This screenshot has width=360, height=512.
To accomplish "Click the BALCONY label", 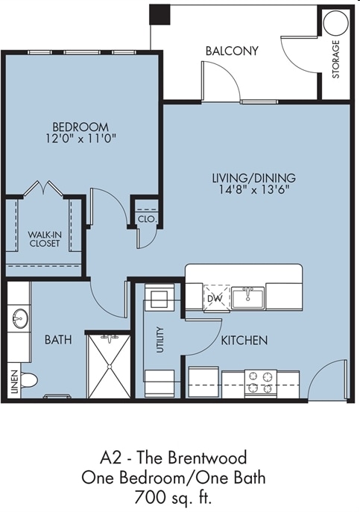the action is tap(232, 51).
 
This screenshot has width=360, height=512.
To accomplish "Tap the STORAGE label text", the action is tap(336, 59).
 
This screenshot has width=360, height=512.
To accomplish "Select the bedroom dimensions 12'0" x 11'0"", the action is tap(80, 139).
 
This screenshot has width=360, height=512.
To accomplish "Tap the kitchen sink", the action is tap(248, 297).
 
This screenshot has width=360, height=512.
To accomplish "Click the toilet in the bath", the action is tap(29, 381).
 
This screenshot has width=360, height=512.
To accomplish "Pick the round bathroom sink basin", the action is tap(20, 318).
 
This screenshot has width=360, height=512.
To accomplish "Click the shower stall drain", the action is tap(110, 366).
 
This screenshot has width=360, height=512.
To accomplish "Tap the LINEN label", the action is tap(14, 382).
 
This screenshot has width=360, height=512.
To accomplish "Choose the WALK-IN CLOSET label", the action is tap(44, 238).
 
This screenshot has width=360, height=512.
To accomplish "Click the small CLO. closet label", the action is tap(148, 219).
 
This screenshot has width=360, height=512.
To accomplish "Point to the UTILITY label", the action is tap(160, 340).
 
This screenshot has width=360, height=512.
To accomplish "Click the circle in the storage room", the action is tap(336, 24).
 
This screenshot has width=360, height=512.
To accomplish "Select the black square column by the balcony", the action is tap(160, 14).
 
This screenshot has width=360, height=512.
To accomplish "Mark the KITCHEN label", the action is tap(244, 341).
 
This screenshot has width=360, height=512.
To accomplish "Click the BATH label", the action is tap(58, 340).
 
